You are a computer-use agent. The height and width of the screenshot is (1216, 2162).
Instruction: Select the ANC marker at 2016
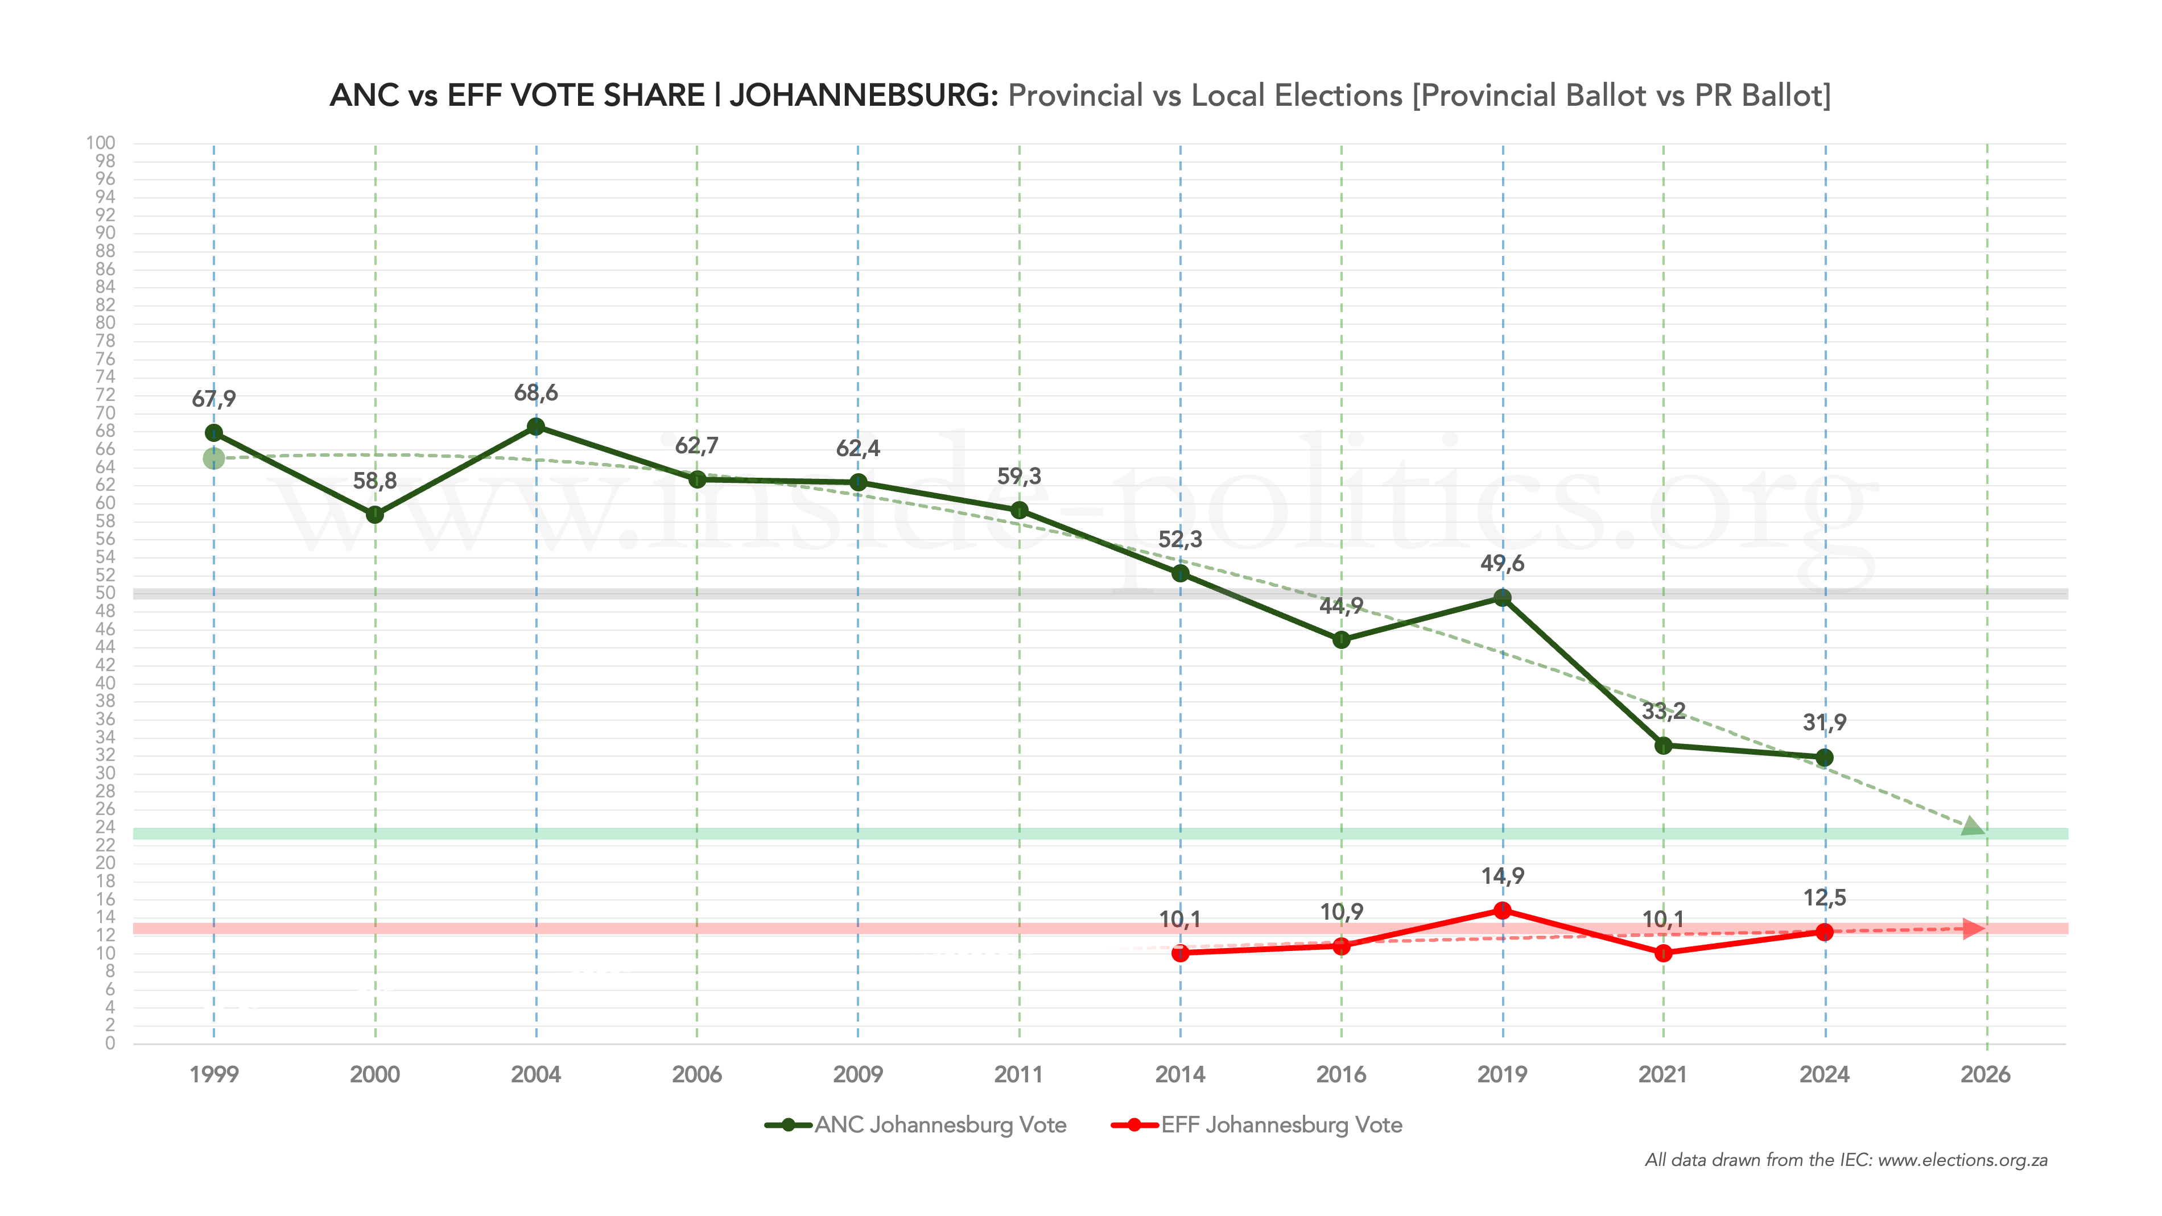1341,639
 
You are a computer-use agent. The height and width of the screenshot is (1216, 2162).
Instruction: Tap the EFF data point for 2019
1503,911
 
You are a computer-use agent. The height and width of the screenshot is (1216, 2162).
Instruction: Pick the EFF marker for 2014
1180,953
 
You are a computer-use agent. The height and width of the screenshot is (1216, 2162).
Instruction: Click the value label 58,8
374,481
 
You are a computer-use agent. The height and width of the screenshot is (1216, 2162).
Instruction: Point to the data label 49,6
1503,563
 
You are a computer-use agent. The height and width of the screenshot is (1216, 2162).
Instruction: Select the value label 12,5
1825,898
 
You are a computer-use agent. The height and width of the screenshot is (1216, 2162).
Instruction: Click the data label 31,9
1825,722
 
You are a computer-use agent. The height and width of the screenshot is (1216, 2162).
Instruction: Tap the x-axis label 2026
1986,1074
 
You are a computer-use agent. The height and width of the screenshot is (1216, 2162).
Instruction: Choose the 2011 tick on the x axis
1019,1074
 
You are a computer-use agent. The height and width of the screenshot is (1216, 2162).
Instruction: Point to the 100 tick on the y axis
101,143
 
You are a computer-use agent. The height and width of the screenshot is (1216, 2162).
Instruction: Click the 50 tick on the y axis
105,593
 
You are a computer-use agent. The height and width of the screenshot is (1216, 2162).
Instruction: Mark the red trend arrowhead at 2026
1974,928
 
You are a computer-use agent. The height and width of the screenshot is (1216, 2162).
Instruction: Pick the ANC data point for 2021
1664,745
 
